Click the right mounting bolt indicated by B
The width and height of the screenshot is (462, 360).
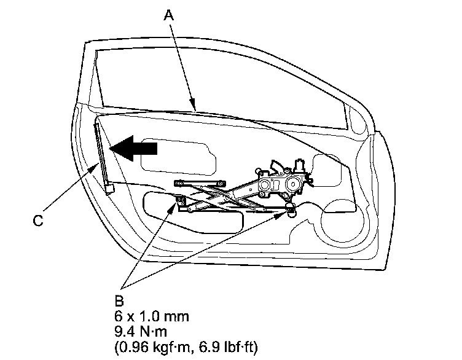coord(290,213)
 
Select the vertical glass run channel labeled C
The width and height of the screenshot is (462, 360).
coord(102,154)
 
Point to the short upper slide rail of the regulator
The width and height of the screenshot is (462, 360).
coord(199,182)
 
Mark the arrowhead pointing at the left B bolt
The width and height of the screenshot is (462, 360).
coord(174,205)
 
